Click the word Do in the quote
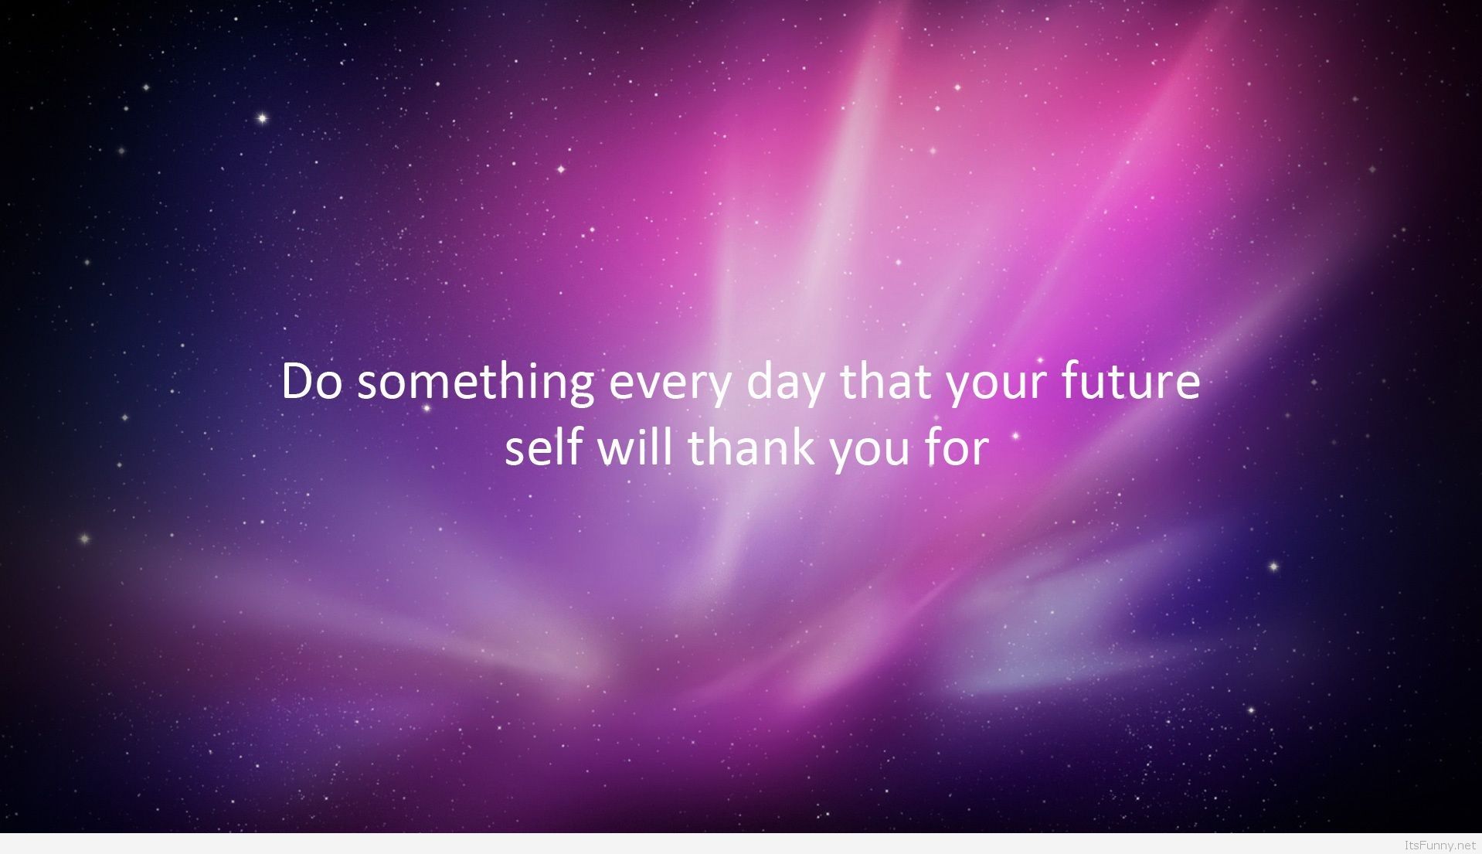(x=311, y=382)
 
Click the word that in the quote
(x=885, y=380)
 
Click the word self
(x=544, y=447)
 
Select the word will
(x=634, y=447)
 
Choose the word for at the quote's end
(x=957, y=447)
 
